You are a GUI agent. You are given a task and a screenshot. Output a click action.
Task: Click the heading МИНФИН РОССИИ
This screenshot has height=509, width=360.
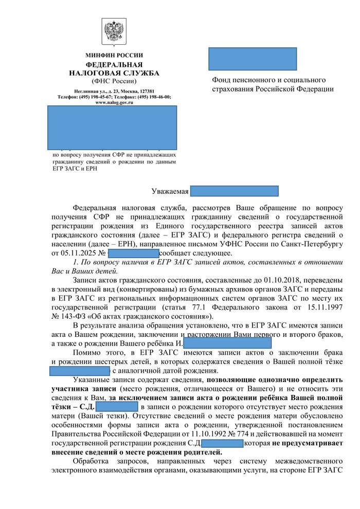pyautogui.click(x=114, y=55)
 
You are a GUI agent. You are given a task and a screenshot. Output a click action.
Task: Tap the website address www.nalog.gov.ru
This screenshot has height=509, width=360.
pyautogui.click(x=114, y=102)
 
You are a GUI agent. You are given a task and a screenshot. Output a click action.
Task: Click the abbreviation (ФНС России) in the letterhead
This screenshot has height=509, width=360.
pyautogui.click(x=114, y=81)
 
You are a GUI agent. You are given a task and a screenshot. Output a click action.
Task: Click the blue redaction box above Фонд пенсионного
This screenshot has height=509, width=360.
pyautogui.click(x=253, y=59)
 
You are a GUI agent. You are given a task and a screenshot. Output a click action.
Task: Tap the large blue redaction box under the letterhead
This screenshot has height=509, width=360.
pyautogui.click(x=112, y=128)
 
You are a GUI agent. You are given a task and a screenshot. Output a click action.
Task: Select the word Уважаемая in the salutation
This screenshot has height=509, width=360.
pyautogui.click(x=170, y=192)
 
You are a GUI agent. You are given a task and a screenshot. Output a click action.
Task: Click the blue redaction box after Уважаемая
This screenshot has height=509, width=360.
pyautogui.click(x=234, y=191)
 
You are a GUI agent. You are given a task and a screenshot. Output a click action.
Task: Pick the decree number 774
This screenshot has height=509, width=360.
pyautogui.click(x=236, y=434)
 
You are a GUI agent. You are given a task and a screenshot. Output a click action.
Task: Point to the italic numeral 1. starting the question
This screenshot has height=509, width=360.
pyautogui.click(x=76, y=263)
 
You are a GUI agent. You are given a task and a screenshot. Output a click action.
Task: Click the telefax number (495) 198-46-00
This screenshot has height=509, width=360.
pyautogui.click(x=156, y=97)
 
